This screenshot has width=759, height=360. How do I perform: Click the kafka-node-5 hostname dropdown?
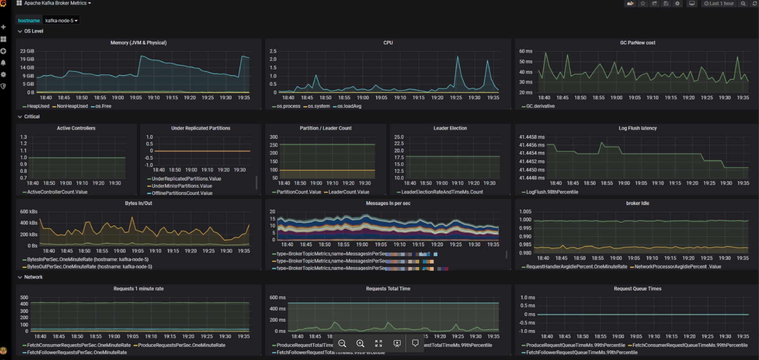(x=61, y=21)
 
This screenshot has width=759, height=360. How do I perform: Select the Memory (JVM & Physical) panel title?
(x=138, y=43)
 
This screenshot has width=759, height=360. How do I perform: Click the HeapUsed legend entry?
(x=38, y=106)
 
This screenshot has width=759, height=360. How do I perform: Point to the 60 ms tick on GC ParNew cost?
(x=525, y=51)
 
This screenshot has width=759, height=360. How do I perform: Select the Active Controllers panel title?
(x=76, y=128)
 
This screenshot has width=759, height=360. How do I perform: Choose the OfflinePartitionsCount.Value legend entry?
(x=182, y=193)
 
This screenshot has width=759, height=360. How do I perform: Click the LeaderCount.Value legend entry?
(x=349, y=192)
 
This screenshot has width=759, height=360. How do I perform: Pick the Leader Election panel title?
(x=450, y=128)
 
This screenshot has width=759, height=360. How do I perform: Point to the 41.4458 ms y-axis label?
(x=532, y=137)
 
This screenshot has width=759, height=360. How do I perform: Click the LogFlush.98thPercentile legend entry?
(x=552, y=192)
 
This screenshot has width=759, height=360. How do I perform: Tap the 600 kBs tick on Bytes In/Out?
(x=29, y=212)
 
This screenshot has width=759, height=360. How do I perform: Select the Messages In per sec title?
(x=388, y=203)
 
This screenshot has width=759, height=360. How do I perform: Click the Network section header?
(x=33, y=277)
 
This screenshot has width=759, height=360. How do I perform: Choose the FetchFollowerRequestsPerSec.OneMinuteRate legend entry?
(x=77, y=353)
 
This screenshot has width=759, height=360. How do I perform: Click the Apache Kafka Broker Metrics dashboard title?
(x=55, y=3)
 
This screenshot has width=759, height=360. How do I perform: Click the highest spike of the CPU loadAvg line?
(x=458, y=57)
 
